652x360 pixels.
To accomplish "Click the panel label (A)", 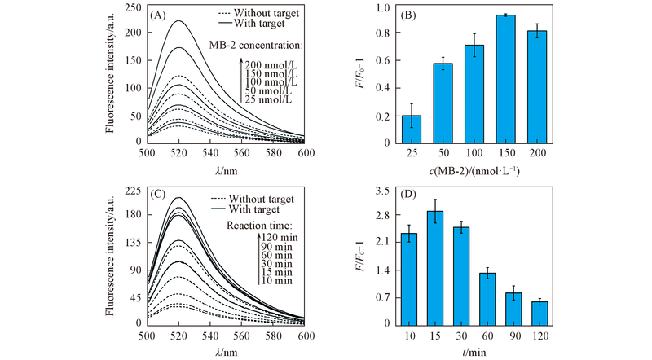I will click(159, 15).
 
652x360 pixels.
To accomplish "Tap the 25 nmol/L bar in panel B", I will click(412, 129).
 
